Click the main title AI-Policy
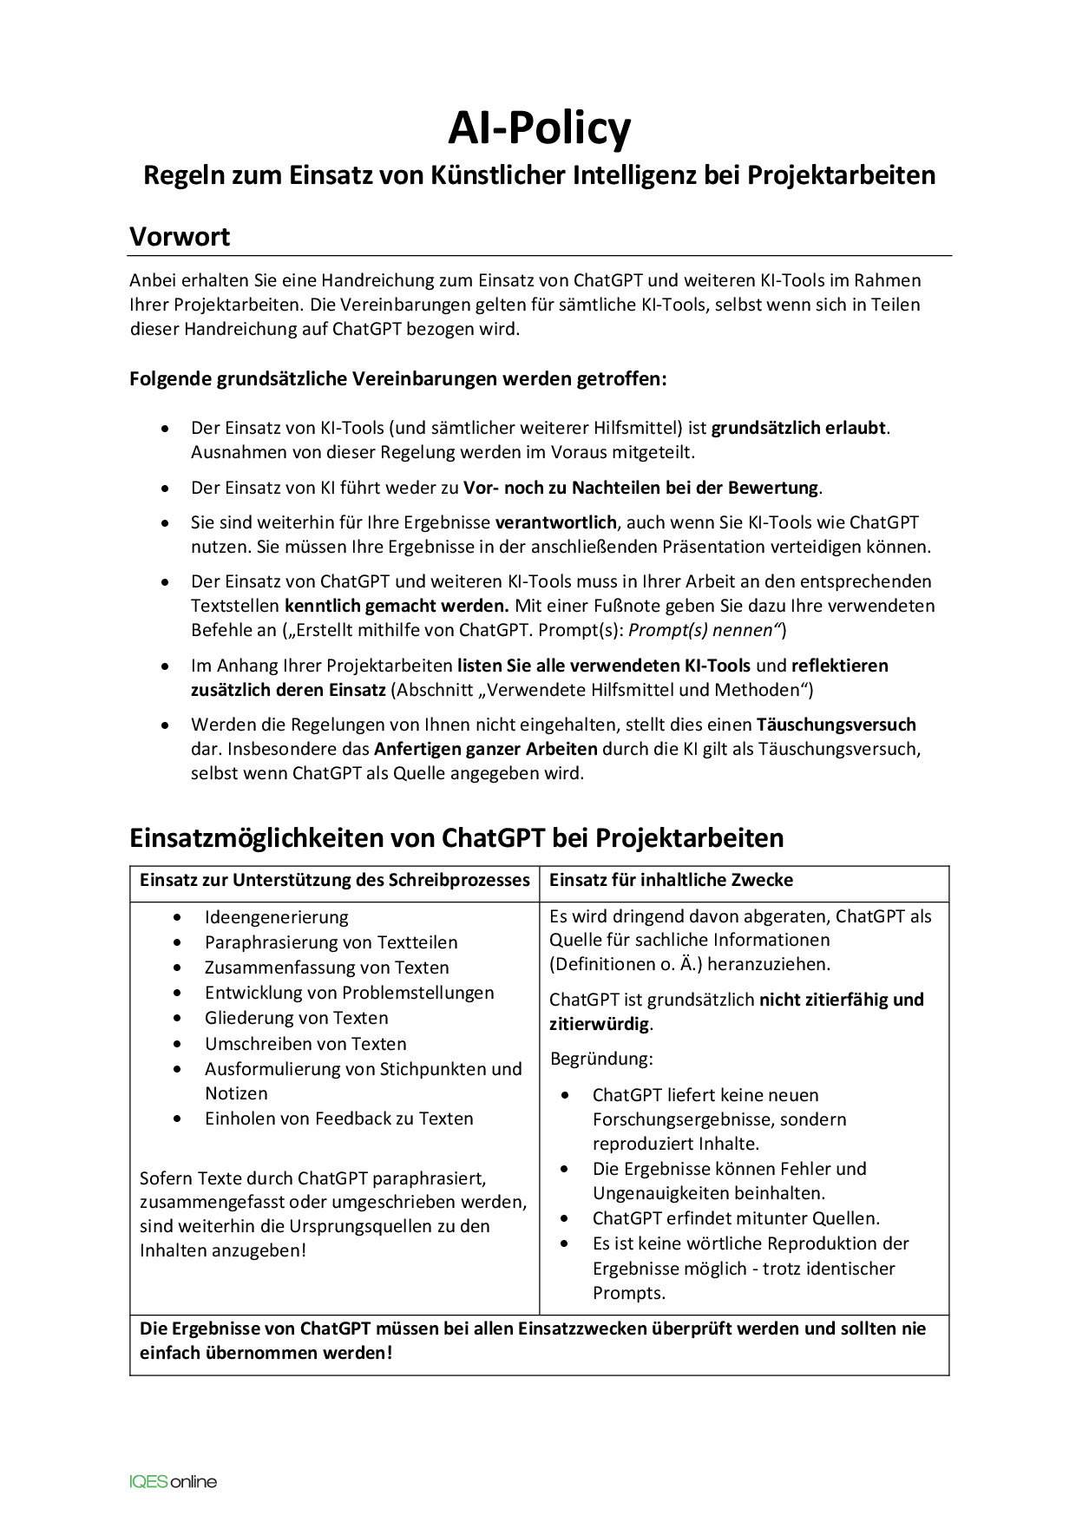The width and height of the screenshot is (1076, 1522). pos(539,128)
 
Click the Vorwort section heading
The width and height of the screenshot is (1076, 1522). pos(180,237)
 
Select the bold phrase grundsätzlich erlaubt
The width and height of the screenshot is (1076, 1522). pos(798,428)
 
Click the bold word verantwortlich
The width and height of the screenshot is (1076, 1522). pos(555,522)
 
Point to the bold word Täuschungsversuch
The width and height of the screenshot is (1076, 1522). pos(836,725)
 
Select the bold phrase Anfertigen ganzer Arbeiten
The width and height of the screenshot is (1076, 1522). pos(486,749)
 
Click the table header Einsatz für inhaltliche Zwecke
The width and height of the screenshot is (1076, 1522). pos(671,880)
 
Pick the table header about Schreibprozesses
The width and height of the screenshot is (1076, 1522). pos(334,880)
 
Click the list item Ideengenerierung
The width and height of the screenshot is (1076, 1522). pos(276,917)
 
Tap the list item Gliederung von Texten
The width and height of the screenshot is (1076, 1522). pos(296,1018)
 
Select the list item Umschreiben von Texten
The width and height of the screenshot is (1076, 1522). pos(305,1044)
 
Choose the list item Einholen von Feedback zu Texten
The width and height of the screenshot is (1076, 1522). pos(338,1119)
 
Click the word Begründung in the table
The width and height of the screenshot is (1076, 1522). pos(601,1059)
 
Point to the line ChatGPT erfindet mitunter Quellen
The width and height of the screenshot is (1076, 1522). pos(736,1218)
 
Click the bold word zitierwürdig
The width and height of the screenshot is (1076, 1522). pos(599,1024)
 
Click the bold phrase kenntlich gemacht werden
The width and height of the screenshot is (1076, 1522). pos(397,606)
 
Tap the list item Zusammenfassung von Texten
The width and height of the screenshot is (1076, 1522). pos(326,968)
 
